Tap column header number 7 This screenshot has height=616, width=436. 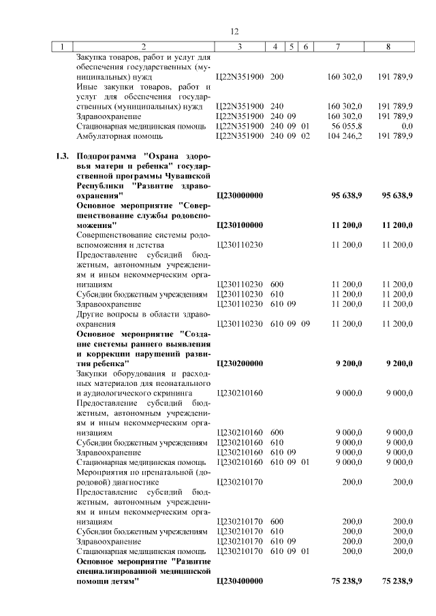(x=339, y=47)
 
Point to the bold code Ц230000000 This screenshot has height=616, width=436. (x=239, y=195)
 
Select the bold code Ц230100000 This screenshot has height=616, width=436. (x=239, y=225)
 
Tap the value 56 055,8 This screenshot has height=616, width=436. (x=345, y=126)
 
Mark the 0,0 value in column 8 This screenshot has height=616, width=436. (x=407, y=126)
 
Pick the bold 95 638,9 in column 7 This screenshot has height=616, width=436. (x=346, y=195)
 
